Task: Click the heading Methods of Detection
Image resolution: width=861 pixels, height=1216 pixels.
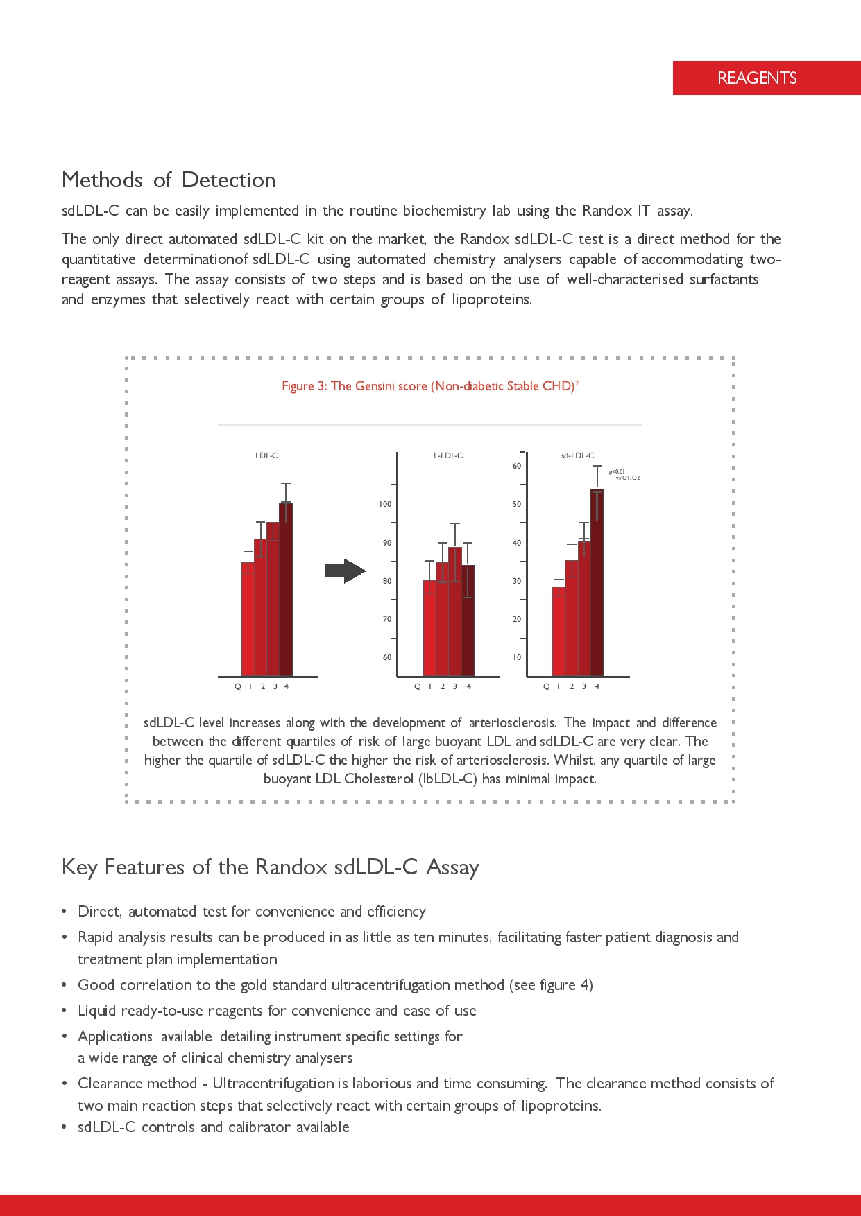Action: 169,180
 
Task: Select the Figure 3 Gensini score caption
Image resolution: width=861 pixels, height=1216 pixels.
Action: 429,386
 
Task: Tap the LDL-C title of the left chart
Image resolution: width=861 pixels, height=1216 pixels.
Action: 266,455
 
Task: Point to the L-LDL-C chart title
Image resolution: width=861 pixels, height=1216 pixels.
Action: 448,455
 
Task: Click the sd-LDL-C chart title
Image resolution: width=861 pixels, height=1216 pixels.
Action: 577,455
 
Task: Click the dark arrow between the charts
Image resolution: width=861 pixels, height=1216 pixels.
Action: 344,571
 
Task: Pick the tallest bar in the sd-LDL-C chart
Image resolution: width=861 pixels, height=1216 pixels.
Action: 597,582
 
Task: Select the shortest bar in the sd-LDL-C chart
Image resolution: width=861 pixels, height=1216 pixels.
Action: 559,631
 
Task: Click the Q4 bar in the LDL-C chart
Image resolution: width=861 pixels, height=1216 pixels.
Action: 286,589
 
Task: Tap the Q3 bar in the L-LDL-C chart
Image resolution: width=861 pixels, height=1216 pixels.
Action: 455,610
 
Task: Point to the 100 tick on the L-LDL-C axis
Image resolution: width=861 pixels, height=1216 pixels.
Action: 385,504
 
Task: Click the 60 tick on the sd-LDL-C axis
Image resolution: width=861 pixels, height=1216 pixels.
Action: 517,466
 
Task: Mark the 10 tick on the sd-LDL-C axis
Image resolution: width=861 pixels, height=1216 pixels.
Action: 517,657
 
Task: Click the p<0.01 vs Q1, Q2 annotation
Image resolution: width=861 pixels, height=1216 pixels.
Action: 623,475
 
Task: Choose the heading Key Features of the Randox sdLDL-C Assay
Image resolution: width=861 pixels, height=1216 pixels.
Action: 270,867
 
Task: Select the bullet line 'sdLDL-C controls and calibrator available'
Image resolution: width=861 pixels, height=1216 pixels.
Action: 213,1127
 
